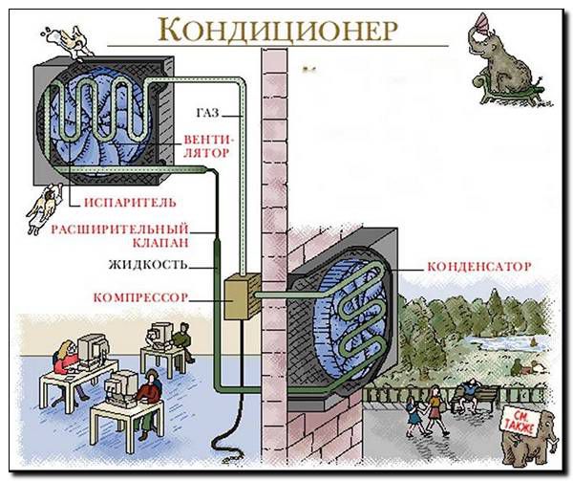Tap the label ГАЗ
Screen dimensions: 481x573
pos(207,114)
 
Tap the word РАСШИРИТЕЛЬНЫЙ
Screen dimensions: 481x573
pos(118,230)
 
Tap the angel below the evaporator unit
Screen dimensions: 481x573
pos(42,203)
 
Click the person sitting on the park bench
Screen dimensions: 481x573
pos(469,393)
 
